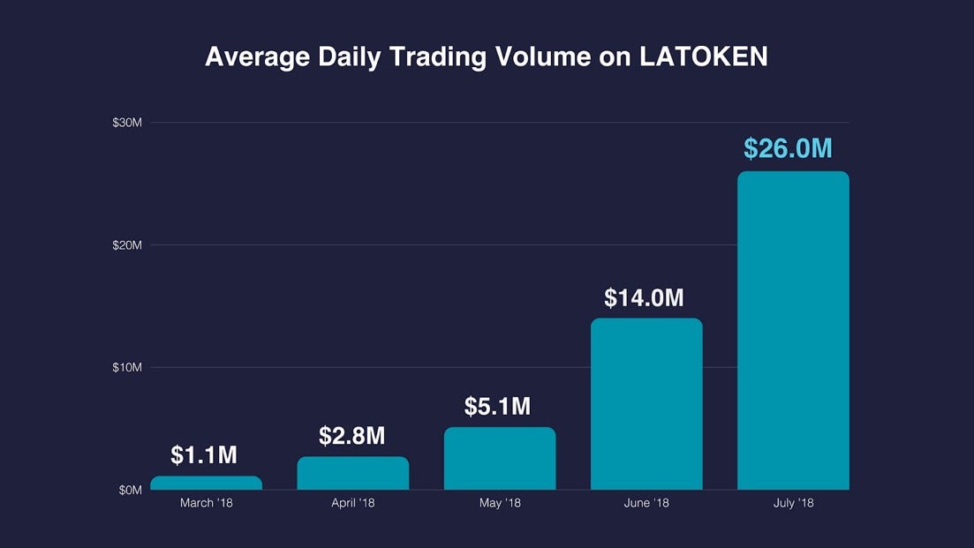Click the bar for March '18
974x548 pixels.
click(x=206, y=483)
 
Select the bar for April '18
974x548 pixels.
click(x=352, y=473)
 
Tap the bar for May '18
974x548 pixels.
click(x=500, y=458)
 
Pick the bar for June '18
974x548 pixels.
click(x=646, y=403)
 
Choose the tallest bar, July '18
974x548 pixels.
click(x=793, y=330)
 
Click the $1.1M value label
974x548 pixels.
click(x=204, y=455)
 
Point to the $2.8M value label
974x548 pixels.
click(x=352, y=436)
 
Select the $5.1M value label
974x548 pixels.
click(x=498, y=407)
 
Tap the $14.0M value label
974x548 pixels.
click(x=645, y=298)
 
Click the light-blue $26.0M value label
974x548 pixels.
click(x=789, y=149)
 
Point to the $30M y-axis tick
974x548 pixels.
click(x=127, y=123)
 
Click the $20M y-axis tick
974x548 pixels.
click(x=127, y=245)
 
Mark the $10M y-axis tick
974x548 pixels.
click(x=127, y=367)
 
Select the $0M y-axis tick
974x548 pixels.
click(x=130, y=490)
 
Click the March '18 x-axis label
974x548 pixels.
click(x=205, y=504)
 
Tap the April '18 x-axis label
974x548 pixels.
click(x=352, y=504)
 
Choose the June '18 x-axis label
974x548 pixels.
click(x=646, y=504)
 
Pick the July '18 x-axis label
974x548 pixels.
click(x=793, y=504)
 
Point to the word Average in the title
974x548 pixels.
click(x=259, y=57)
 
